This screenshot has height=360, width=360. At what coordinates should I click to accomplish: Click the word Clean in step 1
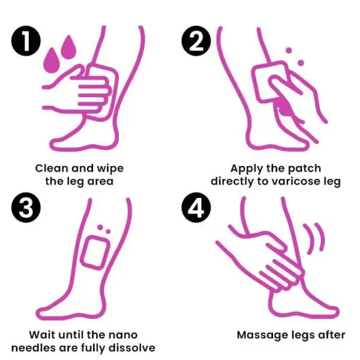pos(51,168)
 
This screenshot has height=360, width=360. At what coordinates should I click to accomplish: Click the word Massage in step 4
pos(260,334)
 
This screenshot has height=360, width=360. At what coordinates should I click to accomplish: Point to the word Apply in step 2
pos(247,168)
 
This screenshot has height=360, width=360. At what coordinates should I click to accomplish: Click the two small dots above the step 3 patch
pos(104,229)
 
